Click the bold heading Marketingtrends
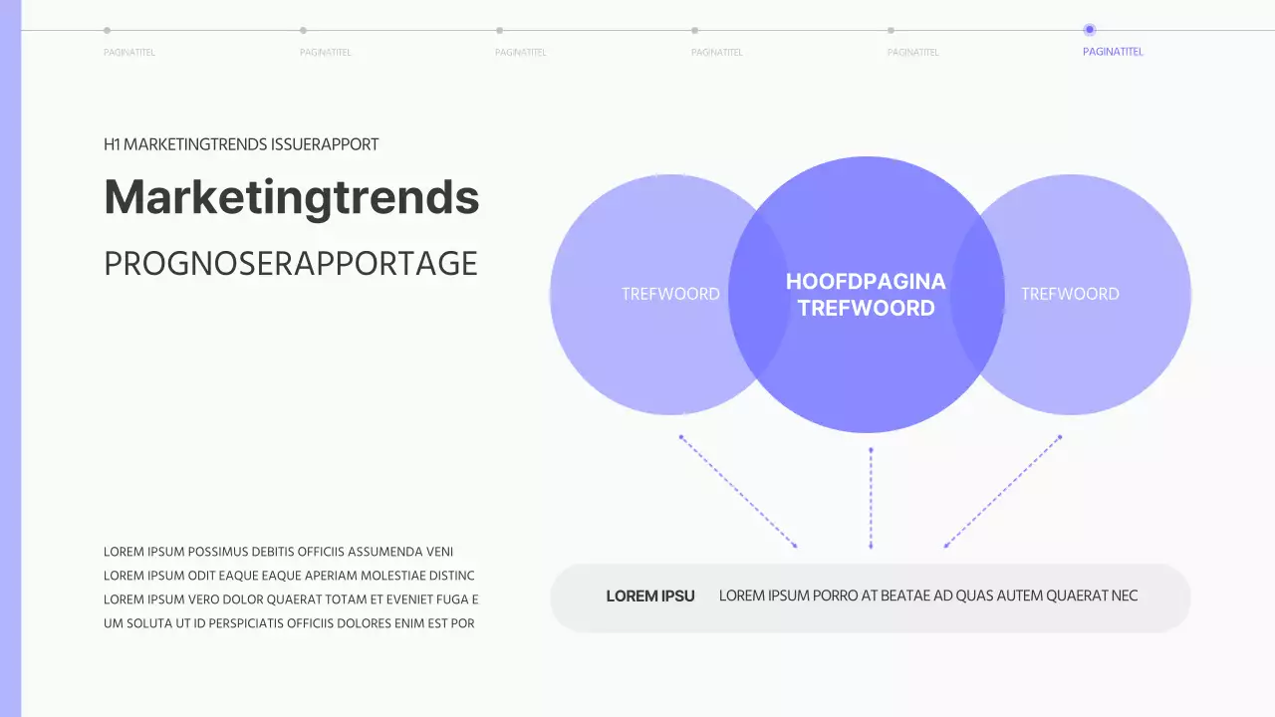[x=291, y=197]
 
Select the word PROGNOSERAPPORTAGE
[x=291, y=264]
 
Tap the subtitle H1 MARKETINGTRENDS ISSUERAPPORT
[x=241, y=144]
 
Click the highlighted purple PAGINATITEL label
[x=1113, y=52]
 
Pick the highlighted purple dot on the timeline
[x=1089, y=30]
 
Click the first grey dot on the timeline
[x=108, y=30]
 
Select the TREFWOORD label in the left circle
[x=670, y=294]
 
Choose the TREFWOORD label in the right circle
[x=1070, y=294]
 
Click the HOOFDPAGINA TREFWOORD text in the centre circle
[x=866, y=295]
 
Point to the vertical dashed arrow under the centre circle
[x=871, y=498]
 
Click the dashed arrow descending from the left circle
[x=738, y=492]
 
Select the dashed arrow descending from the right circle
[x=1002, y=492]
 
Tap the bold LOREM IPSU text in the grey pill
[x=650, y=597]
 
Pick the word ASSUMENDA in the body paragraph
[x=384, y=552]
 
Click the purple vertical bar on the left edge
[x=10, y=358]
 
